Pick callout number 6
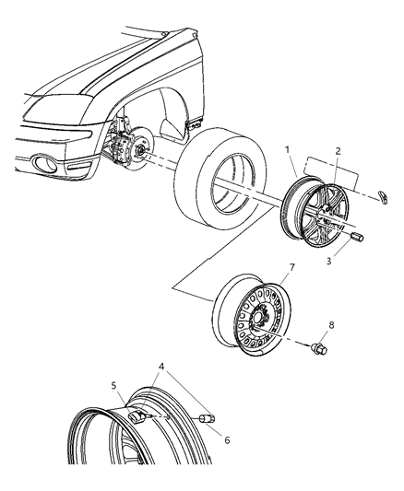(x=227, y=439)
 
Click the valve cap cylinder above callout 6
(x=208, y=420)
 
